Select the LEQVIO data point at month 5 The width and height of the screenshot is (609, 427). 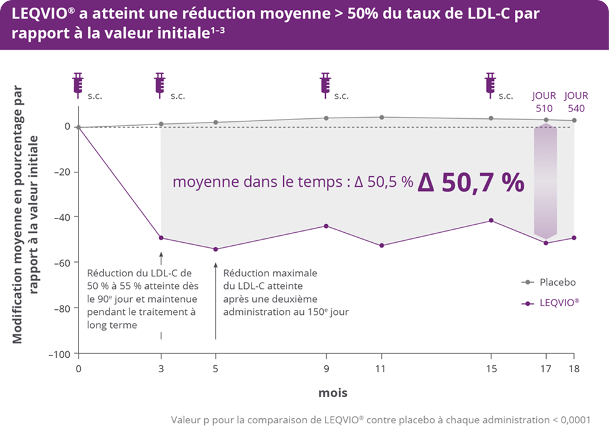pos(215,249)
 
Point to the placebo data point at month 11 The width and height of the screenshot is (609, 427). pos(381,117)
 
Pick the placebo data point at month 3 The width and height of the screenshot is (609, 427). pos(161,124)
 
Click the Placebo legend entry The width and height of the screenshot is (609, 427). pos(548,282)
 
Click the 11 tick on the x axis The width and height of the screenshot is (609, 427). pos(381,368)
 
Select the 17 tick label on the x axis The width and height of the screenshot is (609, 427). pos(546,368)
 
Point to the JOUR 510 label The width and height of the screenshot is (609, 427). pos(544,101)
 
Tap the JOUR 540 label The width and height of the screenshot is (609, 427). pos(576,101)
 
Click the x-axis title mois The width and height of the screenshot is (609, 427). pos(333,393)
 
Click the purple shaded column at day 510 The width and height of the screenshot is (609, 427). pos(545,181)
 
